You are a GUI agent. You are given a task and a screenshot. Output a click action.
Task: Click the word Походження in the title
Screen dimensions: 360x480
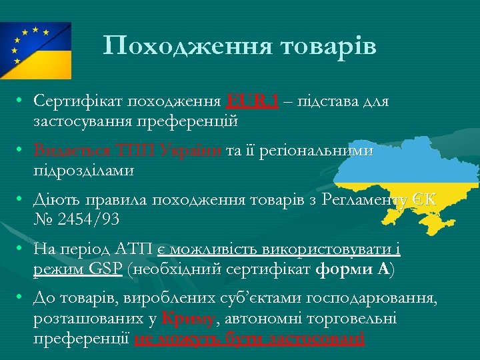pyautogui.click(x=181, y=46)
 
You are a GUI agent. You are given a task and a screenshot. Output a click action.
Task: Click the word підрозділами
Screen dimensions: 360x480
pyautogui.click(x=83, y=170)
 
